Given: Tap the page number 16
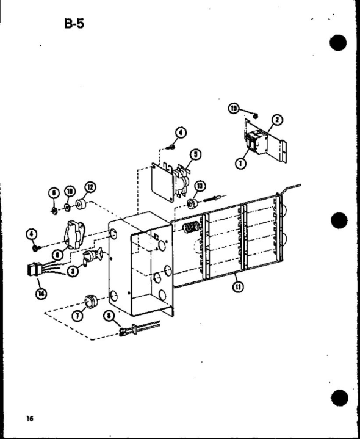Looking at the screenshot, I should [x=29, y=418].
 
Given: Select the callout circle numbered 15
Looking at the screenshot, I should [x=232, y=108].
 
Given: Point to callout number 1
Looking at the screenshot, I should [x=240, y=164].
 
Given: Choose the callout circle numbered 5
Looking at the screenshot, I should [x=195, y=154].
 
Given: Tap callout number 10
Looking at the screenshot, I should [x=70, y=192].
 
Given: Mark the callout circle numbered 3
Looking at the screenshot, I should [x=73, y=271].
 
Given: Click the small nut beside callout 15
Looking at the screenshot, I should [x=256, y=117].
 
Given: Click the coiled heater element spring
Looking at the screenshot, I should [x=191, y=230].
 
